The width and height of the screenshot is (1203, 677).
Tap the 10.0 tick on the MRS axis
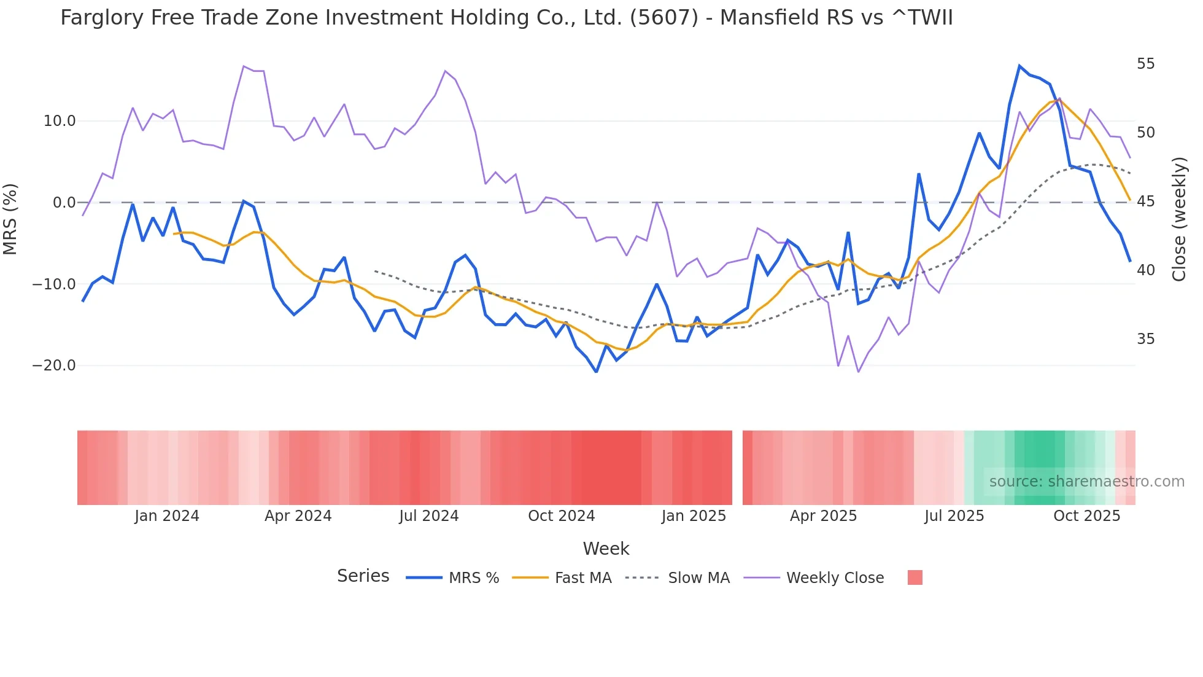pyautogui.click(x=60, y=121)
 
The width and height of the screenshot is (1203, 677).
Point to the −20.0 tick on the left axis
pyautogui.click(x=54, y=366)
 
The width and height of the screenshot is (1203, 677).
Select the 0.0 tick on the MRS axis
pyautogui.click(x=64, y=203)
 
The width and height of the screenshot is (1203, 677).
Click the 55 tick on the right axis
pyautogui.click(x=1145, y=64)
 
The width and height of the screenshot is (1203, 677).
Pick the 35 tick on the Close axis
pyautogui.click(x=1145, y=339)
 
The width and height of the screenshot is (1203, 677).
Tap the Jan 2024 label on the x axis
pyautogui.click(x=167, y=516)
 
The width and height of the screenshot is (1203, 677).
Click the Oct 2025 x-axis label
pyautogui.click(x=1086, y=516)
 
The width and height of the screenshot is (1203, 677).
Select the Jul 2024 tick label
pyautogui.click(x=428, y=516)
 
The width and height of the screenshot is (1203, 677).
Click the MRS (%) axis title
pyautogui.click(x=10, y=219)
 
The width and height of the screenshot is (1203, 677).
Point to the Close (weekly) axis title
pyautogui.click(x=1178, y=219)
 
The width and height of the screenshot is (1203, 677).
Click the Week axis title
pyautogui.click(x=606, y=549)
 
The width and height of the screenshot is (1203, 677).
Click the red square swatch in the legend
pyautogui.click(x=915, y=577)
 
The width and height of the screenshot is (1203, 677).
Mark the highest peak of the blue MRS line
pyautogui.click(x=1019, y=66)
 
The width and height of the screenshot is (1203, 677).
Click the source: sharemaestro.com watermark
pyautogui.click(x=1086, y=482)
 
